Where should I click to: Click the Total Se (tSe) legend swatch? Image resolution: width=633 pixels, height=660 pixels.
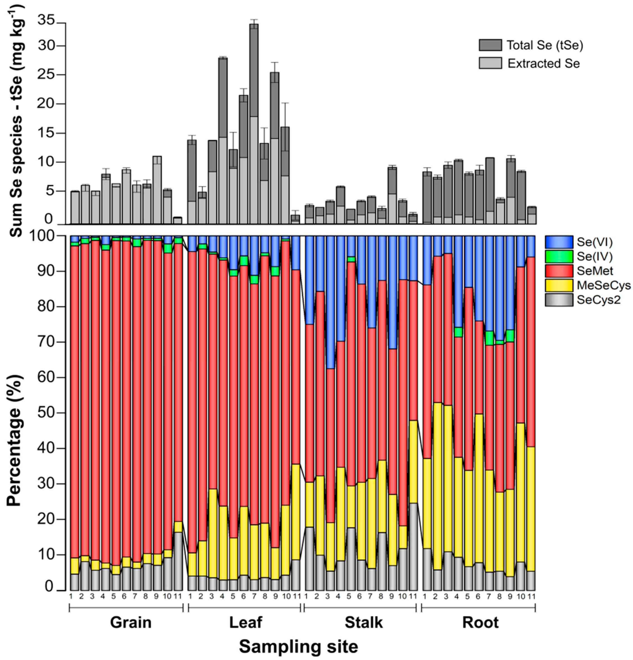[490, 45]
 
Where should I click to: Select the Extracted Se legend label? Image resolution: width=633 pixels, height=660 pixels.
[543, 63]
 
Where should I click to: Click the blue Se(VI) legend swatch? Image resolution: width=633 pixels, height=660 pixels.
[559, 242]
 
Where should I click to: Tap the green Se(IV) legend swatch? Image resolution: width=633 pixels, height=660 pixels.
[559, 256]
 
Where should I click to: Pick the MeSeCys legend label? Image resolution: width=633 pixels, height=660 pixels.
[604, 286]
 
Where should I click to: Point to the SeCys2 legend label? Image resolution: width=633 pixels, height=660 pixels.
[598, 300]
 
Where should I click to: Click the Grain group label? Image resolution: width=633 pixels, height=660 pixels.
[131, 622]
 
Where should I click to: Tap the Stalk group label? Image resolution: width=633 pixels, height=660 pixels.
[364, 622]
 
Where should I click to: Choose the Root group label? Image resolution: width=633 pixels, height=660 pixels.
[480, 622]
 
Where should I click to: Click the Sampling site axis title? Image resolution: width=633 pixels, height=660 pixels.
[298, 647]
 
